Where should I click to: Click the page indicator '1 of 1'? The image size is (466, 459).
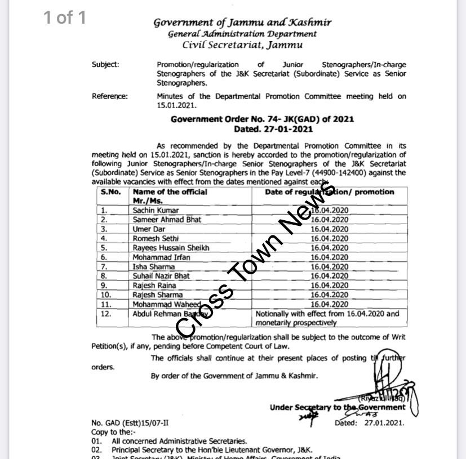(65, 17)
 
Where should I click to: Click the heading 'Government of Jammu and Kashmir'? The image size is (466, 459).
(243, 23)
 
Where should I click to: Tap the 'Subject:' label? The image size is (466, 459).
(105, 65)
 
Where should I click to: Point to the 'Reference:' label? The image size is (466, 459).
(110, 96)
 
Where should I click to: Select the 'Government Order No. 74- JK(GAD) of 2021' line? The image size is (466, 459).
(263, 120)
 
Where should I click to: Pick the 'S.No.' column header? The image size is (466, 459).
(110, 192)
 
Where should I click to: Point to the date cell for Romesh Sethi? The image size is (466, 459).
(329, 239)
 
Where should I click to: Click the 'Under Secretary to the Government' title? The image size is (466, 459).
(338, 407)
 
